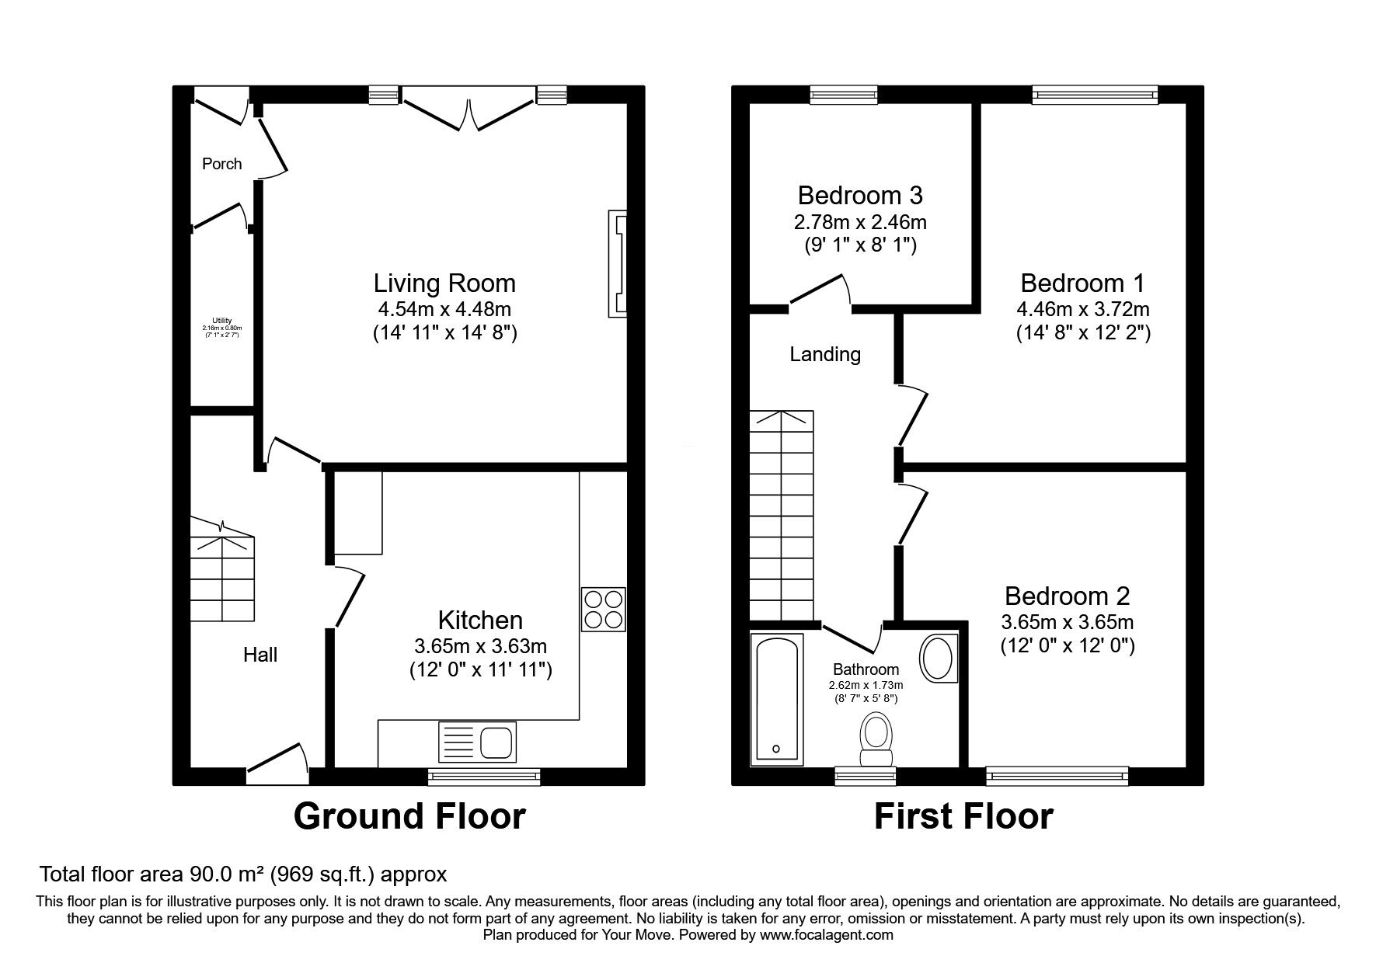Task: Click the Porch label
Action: (x=221, y=164)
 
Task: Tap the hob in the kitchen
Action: (x=603, y=610)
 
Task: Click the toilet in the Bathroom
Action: (x=876, y=740)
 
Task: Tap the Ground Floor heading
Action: (x=409, y=816)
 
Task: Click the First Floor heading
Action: (x=963, y=816)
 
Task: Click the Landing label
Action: (x=825, y=355)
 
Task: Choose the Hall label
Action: (x=260, y=655)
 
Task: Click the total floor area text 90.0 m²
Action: (x=242, y=874)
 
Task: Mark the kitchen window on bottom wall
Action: (x=484, y=774)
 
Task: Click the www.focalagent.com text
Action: (x=826, y=935)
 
